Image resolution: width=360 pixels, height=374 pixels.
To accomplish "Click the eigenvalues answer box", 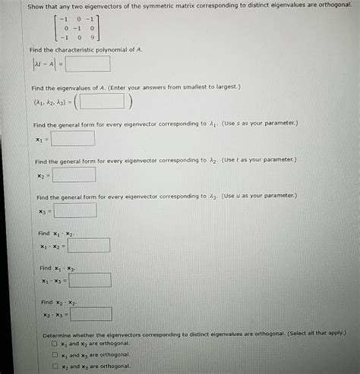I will [x=103, y=102].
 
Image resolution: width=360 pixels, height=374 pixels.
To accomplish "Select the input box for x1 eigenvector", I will [x=74, y=140].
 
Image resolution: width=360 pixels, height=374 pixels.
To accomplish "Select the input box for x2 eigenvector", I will [x=74, y=175].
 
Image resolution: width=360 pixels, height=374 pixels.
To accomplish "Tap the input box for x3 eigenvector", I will [x=75, y=210].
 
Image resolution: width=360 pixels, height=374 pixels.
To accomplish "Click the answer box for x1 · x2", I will [x=89, y=245].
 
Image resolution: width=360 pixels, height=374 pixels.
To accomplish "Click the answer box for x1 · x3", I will [x=90, y=280].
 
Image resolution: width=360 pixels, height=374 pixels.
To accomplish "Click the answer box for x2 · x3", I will [x=91, y=314].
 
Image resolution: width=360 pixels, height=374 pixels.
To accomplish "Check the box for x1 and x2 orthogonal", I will [x=55, y=343].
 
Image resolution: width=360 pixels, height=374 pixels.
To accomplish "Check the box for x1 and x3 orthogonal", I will [x=55, y=354].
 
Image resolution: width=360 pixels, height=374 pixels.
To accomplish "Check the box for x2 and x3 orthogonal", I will [x=55, y=366].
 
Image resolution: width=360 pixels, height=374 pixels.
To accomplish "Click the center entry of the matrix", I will [x=77, y=27].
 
